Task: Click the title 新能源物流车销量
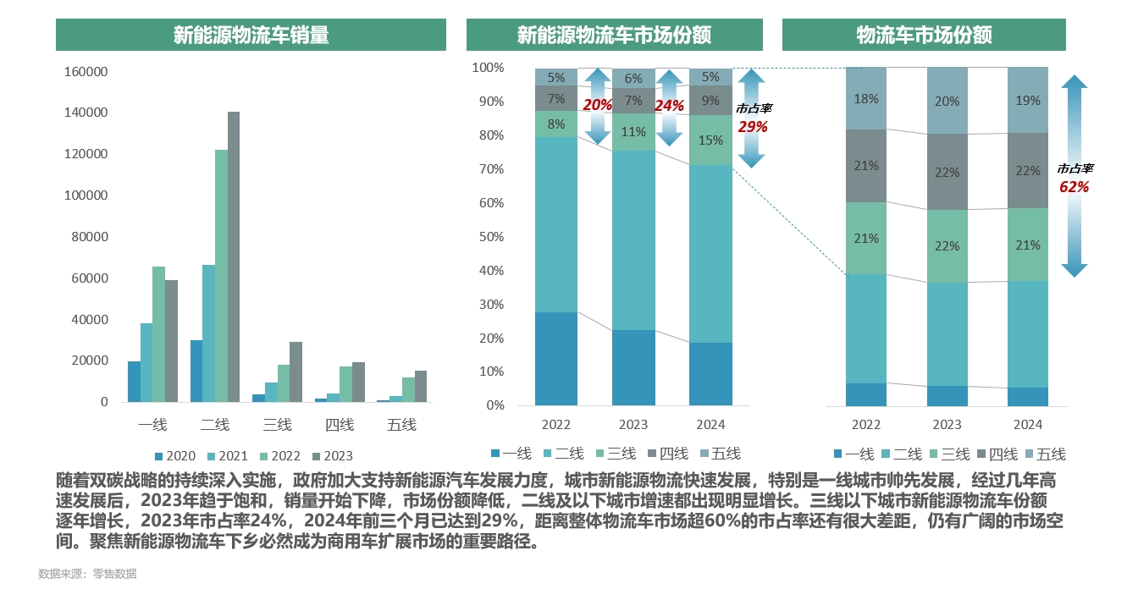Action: pos(251,36)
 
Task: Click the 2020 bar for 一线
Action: pos(134,382)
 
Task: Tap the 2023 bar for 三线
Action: pos(296,372)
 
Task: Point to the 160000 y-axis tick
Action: pos(86,73)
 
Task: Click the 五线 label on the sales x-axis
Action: pos(401,425)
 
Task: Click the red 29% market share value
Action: pos(752,127)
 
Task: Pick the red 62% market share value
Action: pos(1075,187)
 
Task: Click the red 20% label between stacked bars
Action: pos(598,106)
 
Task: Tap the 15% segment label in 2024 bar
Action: pos(711,140)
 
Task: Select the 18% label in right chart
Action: pos(866,99)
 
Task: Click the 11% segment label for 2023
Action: pos(633,132)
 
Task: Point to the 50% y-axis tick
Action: pos(489,237)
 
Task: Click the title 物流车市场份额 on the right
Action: pos(924,36)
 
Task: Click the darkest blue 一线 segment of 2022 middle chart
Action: pos(556,359)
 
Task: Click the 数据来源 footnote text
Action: pos(87,574)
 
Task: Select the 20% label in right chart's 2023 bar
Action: pos(947,102)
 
